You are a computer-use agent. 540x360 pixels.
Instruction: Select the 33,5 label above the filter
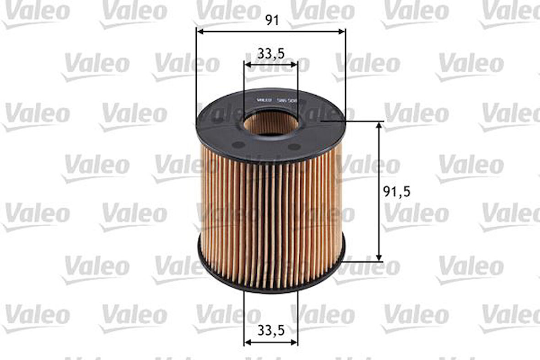tap(271, 54)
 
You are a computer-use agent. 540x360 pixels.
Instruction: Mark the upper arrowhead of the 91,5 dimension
tap(379, 125)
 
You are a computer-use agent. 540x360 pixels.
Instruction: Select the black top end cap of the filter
tap(220, 133)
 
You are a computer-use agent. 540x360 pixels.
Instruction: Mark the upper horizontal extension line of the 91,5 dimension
tap(362, 121)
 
